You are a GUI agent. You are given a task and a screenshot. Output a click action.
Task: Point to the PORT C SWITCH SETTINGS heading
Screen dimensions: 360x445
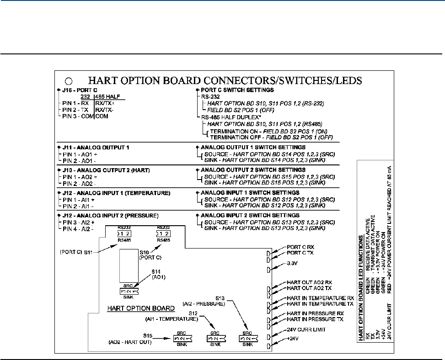point(233,90)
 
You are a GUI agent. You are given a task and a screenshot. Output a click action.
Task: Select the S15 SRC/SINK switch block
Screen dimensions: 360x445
point(183,339)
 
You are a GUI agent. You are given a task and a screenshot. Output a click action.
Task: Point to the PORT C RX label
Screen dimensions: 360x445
point(301,247)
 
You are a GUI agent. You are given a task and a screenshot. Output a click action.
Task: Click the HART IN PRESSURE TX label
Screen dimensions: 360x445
point(315,319)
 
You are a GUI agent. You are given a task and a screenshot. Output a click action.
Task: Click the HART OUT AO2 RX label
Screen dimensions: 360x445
point(312,283)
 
